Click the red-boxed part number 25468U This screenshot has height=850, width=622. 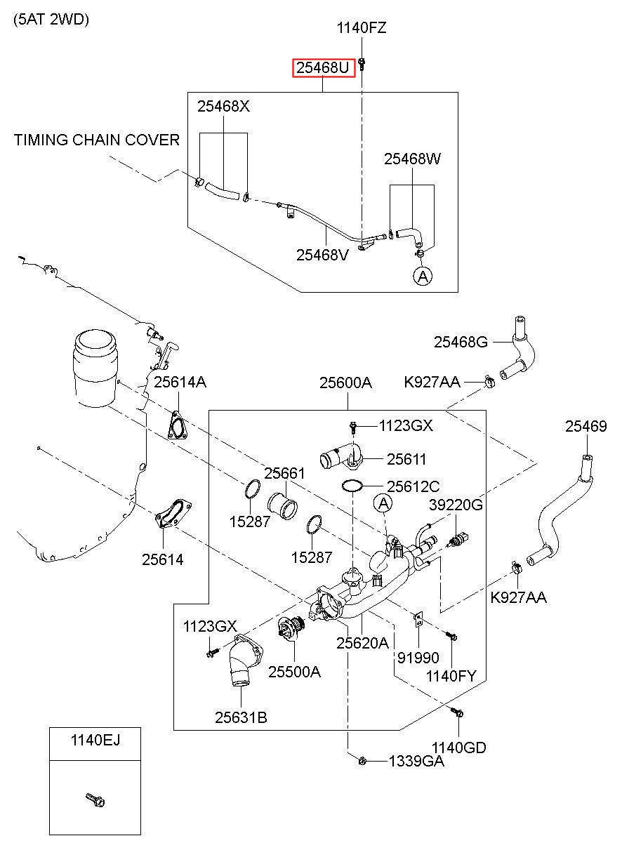pos(322,68)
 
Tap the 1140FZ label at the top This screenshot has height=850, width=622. pos(362,27)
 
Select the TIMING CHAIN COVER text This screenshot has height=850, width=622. pos(97,140)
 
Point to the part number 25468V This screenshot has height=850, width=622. pos(322,255)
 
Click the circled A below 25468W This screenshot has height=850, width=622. pos(423,276)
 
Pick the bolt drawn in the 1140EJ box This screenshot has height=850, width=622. pos(95,799)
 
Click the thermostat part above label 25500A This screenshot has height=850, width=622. pos(291,627)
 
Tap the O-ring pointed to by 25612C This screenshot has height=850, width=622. pos(352,486)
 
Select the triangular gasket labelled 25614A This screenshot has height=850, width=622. pos(178,426)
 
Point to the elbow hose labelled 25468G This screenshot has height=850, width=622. pos(517,348)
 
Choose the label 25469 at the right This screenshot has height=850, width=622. pos(586,426)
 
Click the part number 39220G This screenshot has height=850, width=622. pos(456,505)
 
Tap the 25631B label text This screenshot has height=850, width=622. pos(241,717)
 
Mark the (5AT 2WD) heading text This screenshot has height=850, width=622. pos(51,19)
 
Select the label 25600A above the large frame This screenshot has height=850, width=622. pos(345,383)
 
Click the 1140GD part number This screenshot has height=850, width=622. pos(459,747)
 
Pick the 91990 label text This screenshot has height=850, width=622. pos(418,657)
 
